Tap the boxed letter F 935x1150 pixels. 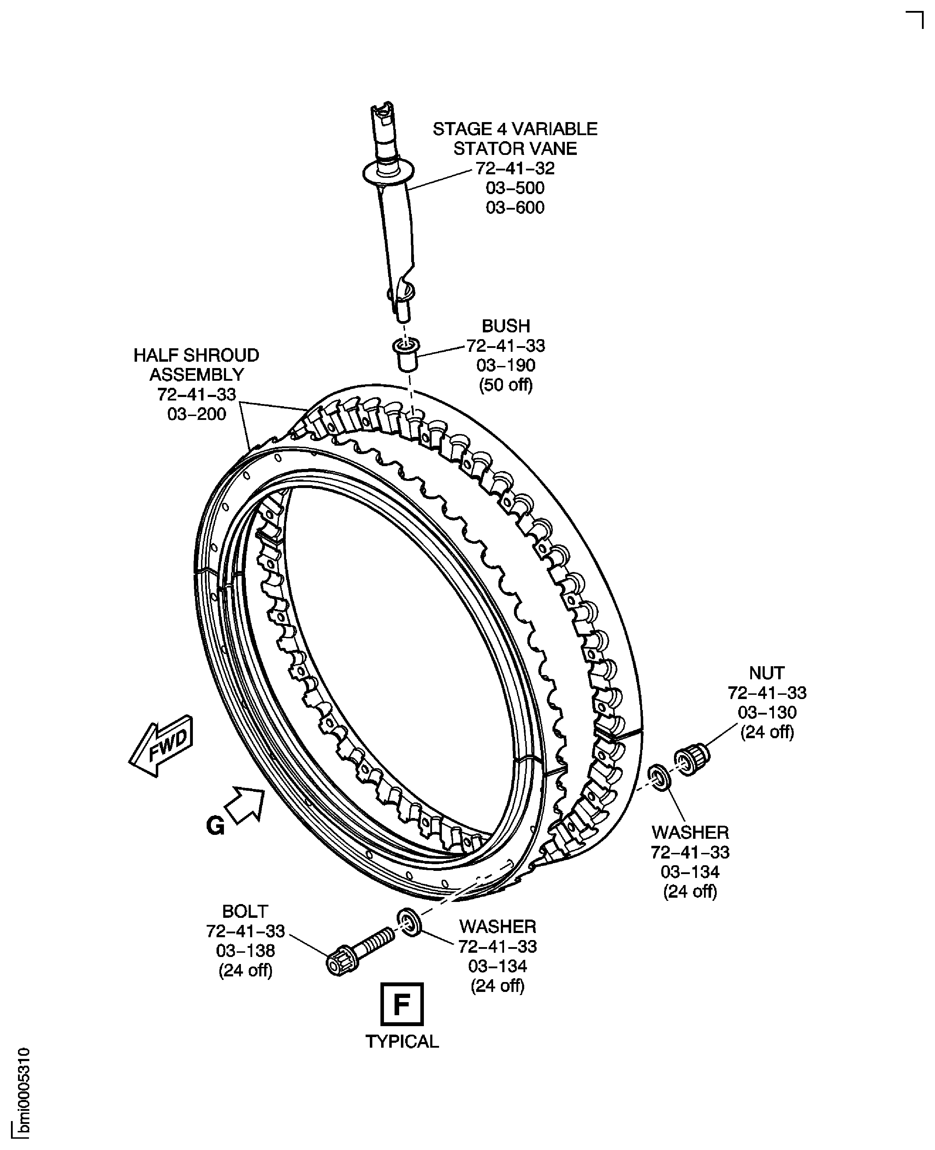click(402, 1004)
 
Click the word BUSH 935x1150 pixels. click(506, 326)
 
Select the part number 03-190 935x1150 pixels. click(506, 365)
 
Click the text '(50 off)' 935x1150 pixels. click(506, 385)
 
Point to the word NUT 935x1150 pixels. click(767, 673)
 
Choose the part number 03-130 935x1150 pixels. click(767, 712)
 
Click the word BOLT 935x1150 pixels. click(245, 911)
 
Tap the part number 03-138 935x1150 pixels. click(245, 951)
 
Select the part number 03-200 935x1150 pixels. click(197, 414)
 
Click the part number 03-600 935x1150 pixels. click(515, 208)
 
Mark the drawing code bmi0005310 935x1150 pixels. click(24, 1092)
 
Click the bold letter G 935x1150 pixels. click(215, 826)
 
